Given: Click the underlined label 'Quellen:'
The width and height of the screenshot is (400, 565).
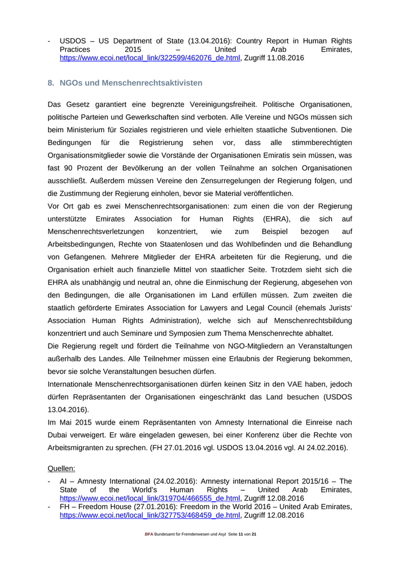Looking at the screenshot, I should (x=61, y=469).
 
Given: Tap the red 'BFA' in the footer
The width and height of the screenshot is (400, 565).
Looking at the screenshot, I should (x=149, y=534).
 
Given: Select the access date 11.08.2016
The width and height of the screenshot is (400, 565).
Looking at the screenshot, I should (x=284, y=58).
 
